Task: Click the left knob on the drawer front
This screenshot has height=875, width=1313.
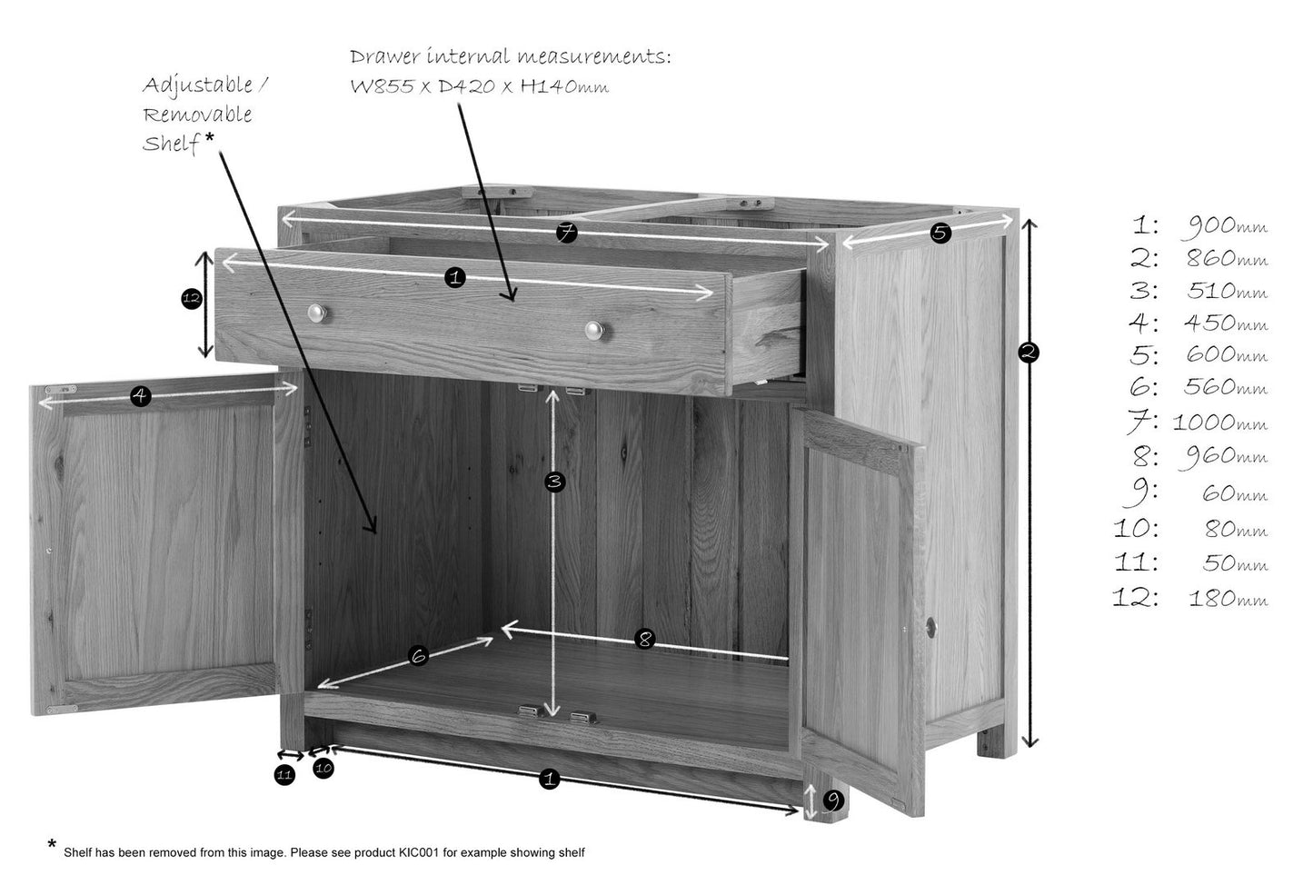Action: (x=317, y=313)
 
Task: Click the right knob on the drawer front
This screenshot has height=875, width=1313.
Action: (x=594, y=331)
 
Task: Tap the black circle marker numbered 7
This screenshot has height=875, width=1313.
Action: (x=567, y=233)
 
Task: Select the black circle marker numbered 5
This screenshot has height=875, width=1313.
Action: (x=940, y=234)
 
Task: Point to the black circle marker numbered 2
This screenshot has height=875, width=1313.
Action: (x=1029, y=353)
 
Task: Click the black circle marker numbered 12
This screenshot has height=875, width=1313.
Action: (x=192, y=299)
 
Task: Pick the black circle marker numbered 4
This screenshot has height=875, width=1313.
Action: (x=141, y=397)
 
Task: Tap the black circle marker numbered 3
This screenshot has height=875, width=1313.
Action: (x=554, y=482)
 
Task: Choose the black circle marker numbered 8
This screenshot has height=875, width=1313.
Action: (x=645, y=639)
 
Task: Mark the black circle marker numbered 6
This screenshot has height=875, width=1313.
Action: (x=419, y=656)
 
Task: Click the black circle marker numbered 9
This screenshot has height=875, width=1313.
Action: (x=834, y=800)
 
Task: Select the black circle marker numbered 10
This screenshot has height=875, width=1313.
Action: (x=323, y=769)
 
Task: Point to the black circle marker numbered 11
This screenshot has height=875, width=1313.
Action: (x=285, y=775)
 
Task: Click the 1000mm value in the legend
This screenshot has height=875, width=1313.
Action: (x=1219, y=423)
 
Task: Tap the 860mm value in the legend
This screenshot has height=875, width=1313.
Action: (x=1227, y=258)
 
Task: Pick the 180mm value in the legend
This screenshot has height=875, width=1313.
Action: (x=1228, y=599)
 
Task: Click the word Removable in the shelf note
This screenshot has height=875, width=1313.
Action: (x=197, y=114)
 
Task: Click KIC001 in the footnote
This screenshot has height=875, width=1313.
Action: (x=419, y=852)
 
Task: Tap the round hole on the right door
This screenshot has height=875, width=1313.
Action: (x=930, y=628)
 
